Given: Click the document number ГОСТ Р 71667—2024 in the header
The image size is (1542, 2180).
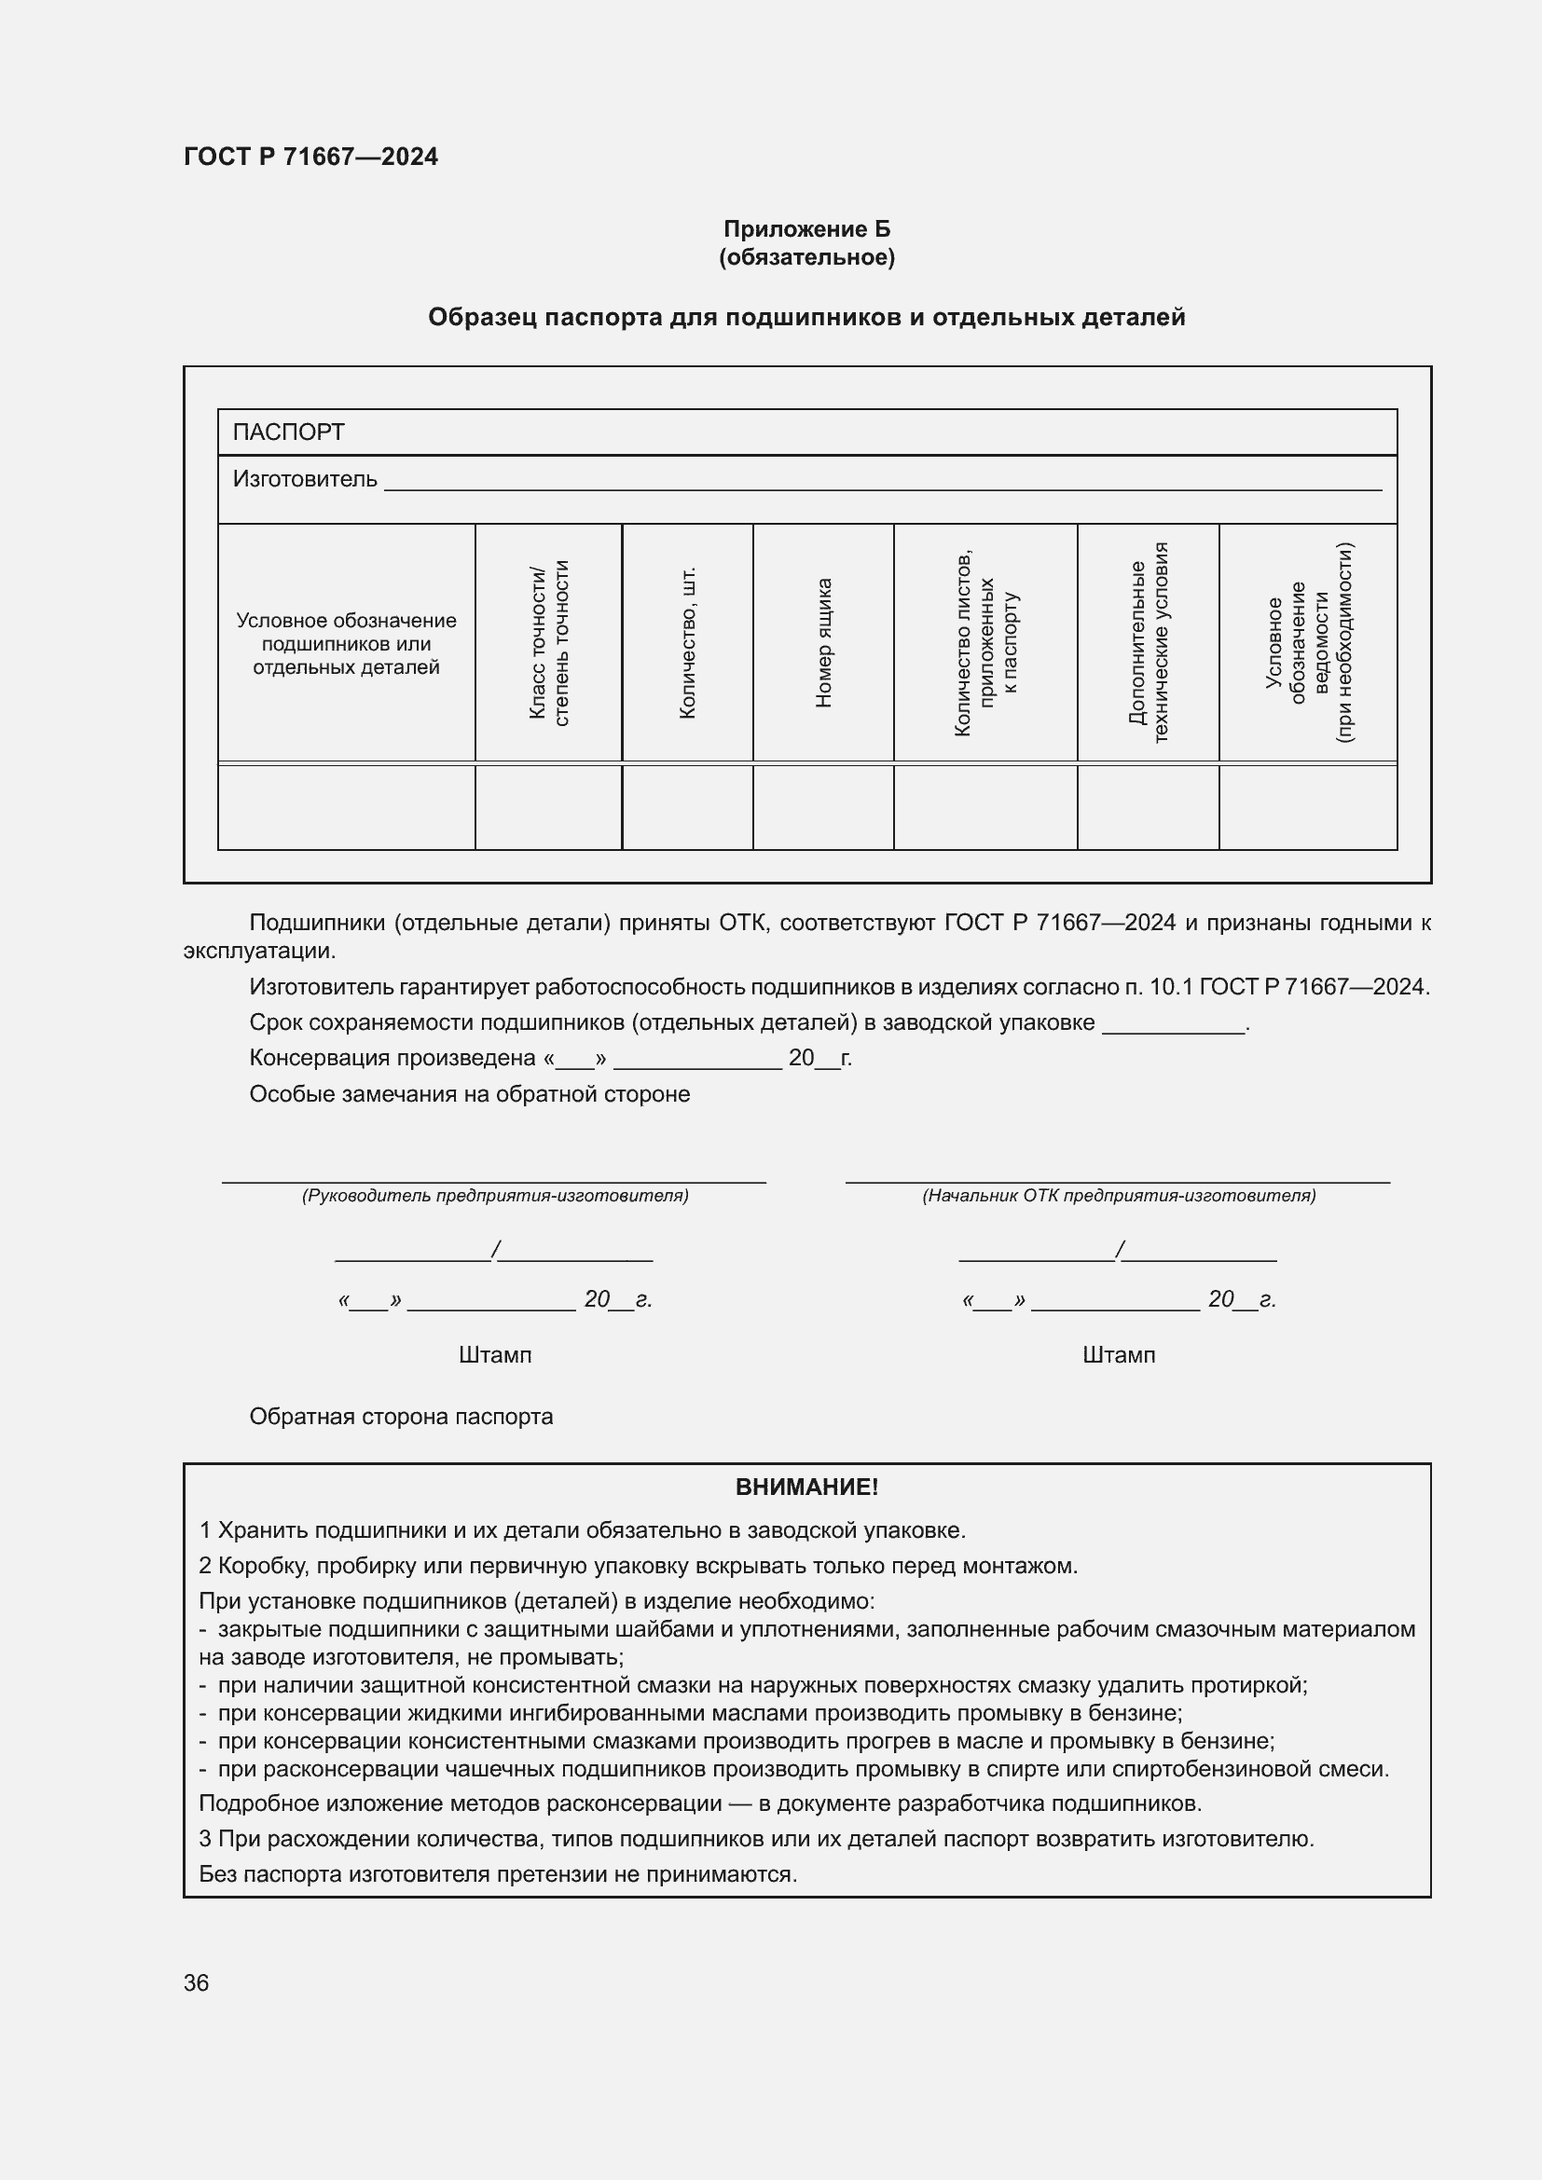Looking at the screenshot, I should click(310, 157).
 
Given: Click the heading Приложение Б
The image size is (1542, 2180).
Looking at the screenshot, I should click(806, 229).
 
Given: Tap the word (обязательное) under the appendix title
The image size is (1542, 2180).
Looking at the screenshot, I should click(806, 257).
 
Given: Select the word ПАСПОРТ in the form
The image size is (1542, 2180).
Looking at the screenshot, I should click(288, 432).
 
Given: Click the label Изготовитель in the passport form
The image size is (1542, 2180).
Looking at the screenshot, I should click(305, 479).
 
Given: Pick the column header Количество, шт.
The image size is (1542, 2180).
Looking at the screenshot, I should click(687, 643).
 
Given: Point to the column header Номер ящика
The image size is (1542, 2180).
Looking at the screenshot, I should click(823, 643).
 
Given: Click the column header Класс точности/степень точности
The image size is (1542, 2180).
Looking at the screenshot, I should click(549, 643).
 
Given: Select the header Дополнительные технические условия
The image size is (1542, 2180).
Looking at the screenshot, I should click(1148, 643).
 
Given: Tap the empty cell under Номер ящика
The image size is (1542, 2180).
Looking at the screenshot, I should click(823, 807).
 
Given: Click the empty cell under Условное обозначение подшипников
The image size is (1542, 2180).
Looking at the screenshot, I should click(347, 807).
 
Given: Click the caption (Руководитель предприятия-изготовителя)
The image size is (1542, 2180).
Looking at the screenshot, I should click(495, 1196).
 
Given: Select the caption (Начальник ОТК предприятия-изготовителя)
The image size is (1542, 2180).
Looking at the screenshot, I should click(1119, 1196).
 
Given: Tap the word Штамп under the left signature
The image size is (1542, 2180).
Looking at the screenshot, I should click(495, 1355).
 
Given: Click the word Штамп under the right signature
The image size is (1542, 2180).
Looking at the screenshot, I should click(1119, 1355).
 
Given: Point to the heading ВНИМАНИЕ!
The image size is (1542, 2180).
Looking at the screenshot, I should click(806, 1487).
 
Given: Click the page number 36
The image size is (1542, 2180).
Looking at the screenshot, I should click(196, 1982).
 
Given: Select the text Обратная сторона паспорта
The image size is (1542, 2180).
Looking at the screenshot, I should click(401, 1417).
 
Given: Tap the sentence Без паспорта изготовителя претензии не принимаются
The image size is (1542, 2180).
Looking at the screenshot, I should click(498, 1873).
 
